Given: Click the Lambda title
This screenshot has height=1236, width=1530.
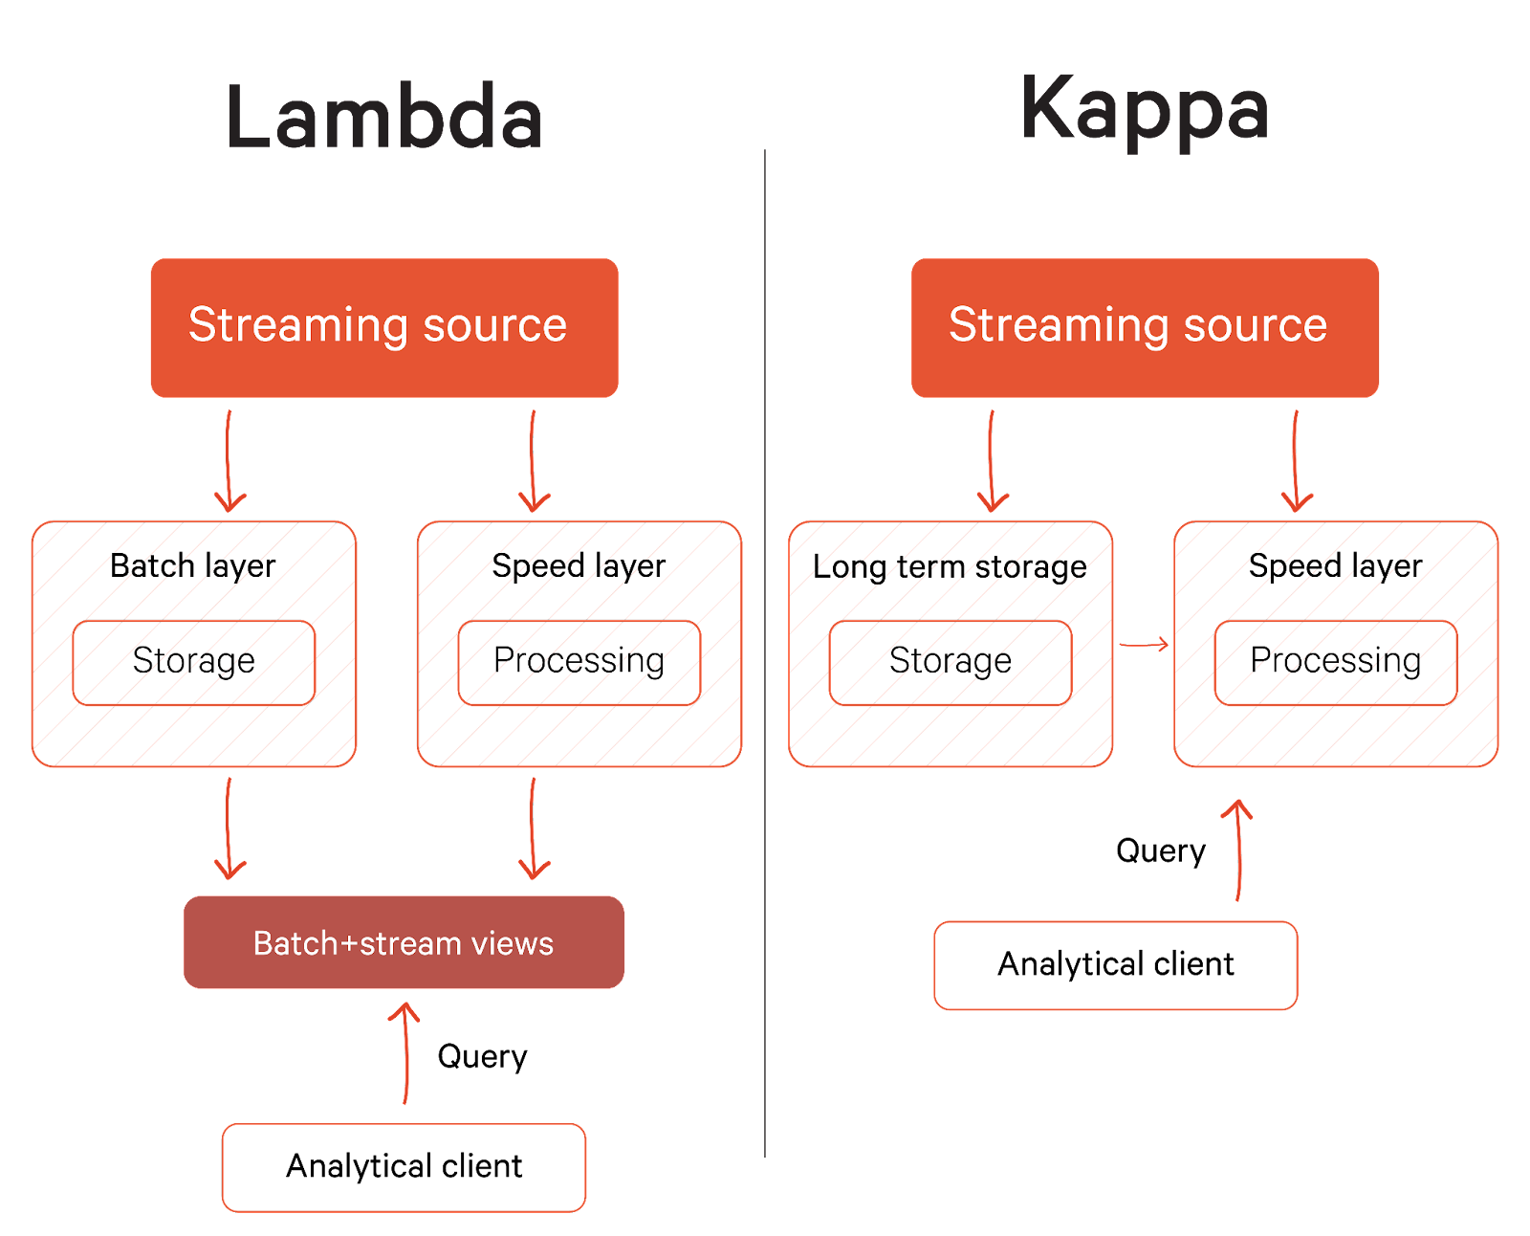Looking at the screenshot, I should [x=383, y=117].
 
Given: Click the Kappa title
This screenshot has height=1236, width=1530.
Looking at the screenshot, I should [x=1145, y=110].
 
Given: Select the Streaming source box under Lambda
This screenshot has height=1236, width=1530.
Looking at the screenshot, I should [x=383, y=327].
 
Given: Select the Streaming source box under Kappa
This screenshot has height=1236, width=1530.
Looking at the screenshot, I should [x=1145, y=327].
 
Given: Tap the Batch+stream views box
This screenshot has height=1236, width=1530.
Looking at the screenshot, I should [x=404, y=942].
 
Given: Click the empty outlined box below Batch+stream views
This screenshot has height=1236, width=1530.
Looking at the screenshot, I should [x=404, y=1167].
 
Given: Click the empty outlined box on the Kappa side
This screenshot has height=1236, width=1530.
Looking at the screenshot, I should [x=1115, y=965].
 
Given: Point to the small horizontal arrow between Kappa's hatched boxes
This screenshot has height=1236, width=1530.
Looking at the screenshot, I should [x=1144, y=646].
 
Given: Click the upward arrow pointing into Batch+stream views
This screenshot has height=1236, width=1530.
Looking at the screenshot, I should [x=405, y=1052].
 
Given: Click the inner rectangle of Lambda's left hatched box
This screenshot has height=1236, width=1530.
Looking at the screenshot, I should [x=194, y=663].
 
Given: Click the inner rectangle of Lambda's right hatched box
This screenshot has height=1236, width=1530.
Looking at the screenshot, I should [x=579, y=663].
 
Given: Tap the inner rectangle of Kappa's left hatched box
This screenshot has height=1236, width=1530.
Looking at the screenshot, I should [x=951, y=663].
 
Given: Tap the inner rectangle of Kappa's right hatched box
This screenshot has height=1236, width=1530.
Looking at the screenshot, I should [x=1335, y=663].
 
